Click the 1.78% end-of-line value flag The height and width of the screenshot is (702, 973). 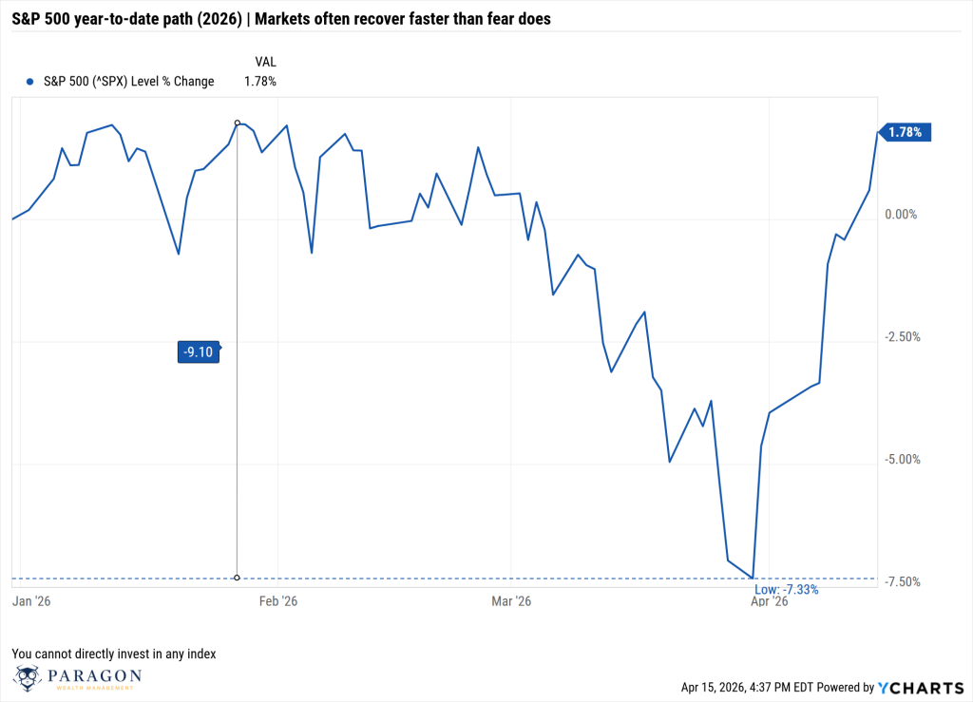click(906, 133)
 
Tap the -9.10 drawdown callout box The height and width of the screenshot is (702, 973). click(199, 351)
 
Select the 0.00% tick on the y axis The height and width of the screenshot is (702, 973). click(901, 215)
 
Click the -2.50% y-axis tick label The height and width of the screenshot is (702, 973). click(901, 337)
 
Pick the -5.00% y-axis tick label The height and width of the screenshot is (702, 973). click(901, 460)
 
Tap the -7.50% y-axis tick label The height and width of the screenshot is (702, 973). click(901, 582)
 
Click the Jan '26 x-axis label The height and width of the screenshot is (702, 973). click(31, 601)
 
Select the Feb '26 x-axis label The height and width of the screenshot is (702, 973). click(277, 601)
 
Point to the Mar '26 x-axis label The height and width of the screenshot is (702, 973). click(511, 601)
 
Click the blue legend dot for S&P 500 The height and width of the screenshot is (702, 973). click(31, 82)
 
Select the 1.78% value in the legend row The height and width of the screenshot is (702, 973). click(259, 82)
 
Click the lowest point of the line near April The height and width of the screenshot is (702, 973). click(753, 577)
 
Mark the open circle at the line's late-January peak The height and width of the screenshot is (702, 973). click(237, 123)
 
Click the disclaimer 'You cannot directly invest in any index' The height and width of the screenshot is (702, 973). click(114, 654)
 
